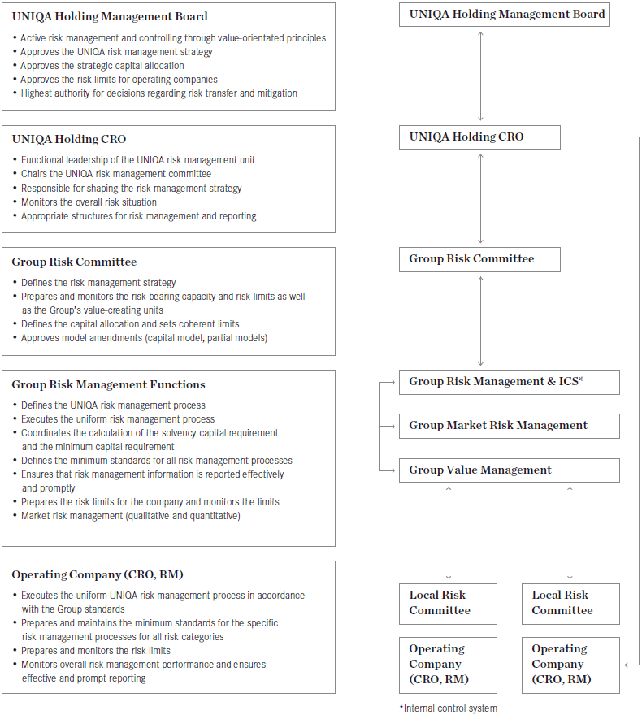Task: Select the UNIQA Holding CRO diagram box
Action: coord(479,137)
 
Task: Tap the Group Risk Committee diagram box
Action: coord(479,259)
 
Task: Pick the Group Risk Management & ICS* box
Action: coord(509,382)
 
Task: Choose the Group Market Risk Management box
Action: coord(509,426)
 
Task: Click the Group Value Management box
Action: coord(509,470)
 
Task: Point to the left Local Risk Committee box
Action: coord(448,603)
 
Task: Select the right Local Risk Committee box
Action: coord(570,603)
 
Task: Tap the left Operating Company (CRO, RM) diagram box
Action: coord(448,665)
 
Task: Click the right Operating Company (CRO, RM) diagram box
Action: coord(570,665)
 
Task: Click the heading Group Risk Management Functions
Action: coord(108,385)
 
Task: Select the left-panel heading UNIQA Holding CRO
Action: coord(69,139)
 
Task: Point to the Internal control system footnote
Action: coord(448,708)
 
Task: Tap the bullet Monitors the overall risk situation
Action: coord(89,202)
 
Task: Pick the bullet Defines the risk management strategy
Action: coord(98,283)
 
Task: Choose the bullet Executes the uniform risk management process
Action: coord(118,419)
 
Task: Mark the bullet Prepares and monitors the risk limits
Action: coord(96,651)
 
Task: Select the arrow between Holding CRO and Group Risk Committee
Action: coord(481,198)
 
